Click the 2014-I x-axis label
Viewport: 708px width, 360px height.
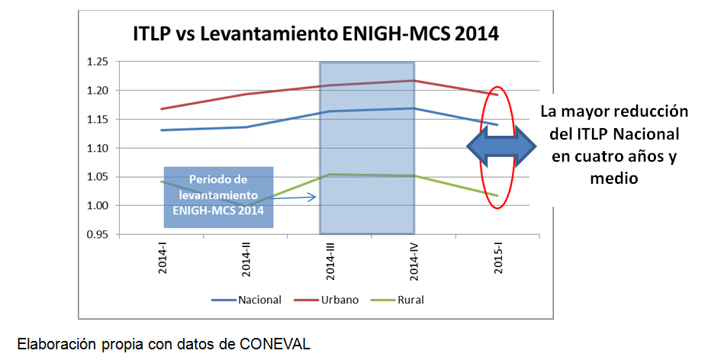point(163,259)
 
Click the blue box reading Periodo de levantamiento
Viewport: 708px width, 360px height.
point(218,196)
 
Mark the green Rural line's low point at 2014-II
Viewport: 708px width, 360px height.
point(246,203)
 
